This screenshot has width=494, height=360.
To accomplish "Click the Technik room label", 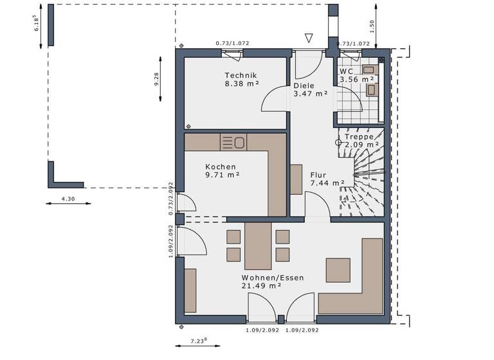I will click(x=241, y=75).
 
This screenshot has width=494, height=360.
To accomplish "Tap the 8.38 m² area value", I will click(x=241, y=84).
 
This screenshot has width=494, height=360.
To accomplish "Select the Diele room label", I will click(x=304, y=85).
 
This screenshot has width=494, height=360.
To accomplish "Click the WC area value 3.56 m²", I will click(x=357, y=79).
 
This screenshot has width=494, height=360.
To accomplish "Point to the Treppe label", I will click(x=359, y=136).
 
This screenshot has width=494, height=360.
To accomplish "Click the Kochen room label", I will click(x=221, y=166).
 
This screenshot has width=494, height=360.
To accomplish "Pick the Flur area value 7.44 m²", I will click(x=327, y=183).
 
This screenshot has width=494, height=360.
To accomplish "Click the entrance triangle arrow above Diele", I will click(x=309, y=38).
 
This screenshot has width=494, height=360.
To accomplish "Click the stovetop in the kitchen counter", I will click(x=233, y=141).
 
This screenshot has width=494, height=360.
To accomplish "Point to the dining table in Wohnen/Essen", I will click(x=258, y=246).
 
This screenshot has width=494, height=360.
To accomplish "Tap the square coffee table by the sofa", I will click(x=338, y=269).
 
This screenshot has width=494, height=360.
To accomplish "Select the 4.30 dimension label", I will click(x=68, y=199).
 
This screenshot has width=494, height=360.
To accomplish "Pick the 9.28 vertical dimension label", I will click(x=156, y=79).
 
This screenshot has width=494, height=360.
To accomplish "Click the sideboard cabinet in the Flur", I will click(x=296, y=179).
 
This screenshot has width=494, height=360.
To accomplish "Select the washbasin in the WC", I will click(x=369, y=69).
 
